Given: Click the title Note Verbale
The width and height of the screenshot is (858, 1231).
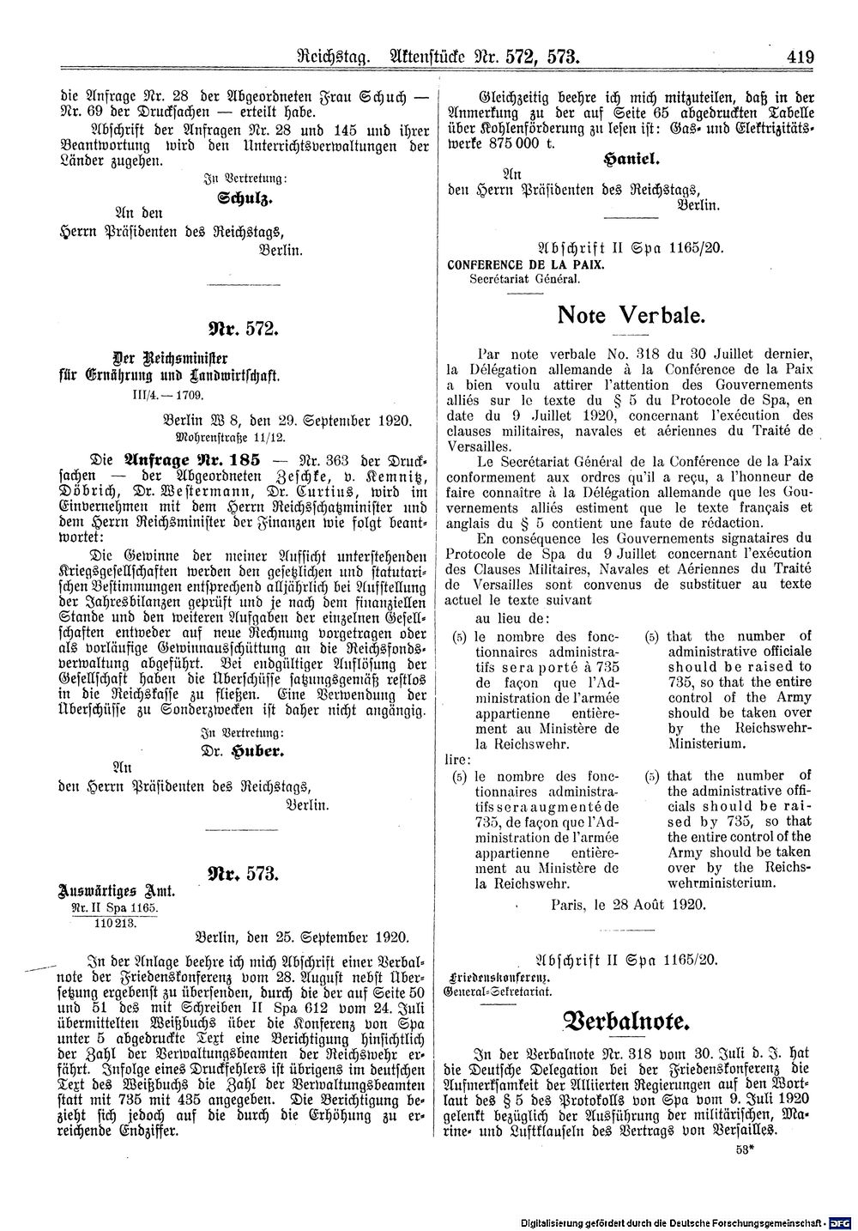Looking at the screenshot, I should [x=631, y=315].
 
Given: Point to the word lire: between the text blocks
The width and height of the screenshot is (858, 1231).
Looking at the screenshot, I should [x=456, y=759].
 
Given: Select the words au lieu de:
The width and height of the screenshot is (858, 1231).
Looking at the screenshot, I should [x=514, y=617].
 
